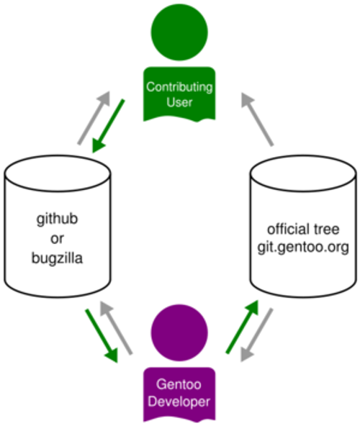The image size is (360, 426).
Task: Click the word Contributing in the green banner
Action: pos(179,87)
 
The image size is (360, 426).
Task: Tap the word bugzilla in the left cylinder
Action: pos(58,256)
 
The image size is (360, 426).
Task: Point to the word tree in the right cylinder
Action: pos(325,230)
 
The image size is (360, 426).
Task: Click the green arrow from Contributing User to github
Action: pos(107,126)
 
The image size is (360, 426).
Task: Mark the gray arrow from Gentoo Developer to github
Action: pos(117,327)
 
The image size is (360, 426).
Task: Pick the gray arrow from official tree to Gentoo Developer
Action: pos(259,335)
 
